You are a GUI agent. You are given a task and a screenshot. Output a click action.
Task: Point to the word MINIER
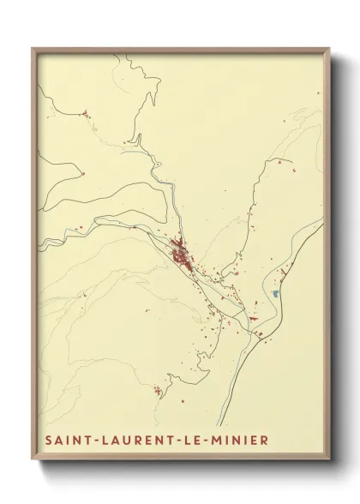[249, 441]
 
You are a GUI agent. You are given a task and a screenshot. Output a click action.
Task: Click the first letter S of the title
[46, 441]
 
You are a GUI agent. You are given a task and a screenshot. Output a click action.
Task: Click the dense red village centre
[182, 255]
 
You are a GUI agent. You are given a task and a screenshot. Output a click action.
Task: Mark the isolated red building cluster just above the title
[158, 392]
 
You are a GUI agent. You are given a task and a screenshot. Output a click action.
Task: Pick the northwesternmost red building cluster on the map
[84, 112]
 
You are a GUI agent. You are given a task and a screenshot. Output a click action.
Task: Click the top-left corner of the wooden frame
[33, 49]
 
